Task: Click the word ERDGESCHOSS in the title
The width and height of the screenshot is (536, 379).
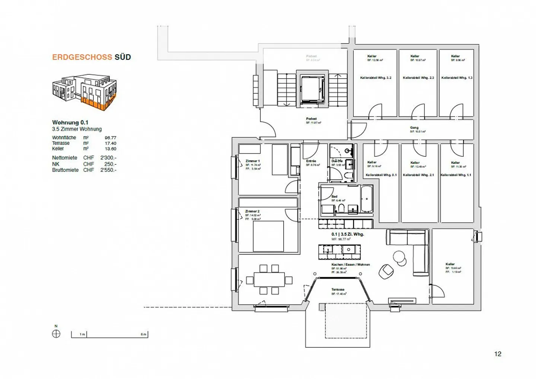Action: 82,57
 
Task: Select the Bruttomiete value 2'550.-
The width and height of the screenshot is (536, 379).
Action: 108,170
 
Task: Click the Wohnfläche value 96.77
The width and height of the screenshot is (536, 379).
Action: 110,138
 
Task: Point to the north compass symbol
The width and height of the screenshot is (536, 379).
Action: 56,334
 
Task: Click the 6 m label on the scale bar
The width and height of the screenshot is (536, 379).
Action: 143,334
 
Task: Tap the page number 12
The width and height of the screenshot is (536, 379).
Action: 498,354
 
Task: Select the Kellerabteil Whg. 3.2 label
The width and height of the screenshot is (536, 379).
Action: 376,78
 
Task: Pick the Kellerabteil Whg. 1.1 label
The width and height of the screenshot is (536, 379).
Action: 456,175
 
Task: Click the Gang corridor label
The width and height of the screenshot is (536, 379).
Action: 414,128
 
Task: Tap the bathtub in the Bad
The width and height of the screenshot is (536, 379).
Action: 366,199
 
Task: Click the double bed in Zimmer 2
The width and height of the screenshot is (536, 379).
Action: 268,236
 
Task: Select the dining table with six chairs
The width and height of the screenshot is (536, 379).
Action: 269,279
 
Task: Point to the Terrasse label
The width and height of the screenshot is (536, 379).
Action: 338,289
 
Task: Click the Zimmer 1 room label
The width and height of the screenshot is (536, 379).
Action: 253,161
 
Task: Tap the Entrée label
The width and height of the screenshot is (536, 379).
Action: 311,161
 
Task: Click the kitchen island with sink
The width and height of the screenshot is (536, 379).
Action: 339,252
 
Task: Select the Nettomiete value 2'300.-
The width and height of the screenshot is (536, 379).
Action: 108,158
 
